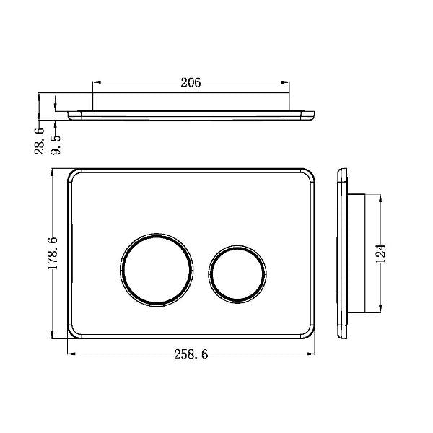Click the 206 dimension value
tap(191, 83)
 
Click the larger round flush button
tap(157, 268)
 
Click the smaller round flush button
tap(237, 273)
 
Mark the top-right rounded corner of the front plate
tap(310, 175)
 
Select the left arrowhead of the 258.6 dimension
tap(70, 354)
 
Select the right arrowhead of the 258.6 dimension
tap(314, 354)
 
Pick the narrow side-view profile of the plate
tap(342, 253)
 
